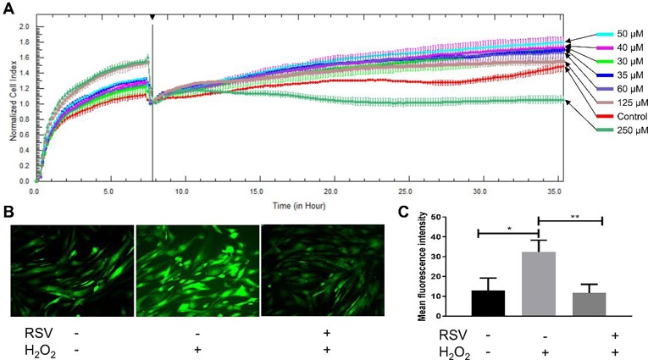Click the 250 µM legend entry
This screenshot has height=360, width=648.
tap(617, 130)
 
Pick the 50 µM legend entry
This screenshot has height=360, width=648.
tap(617, 35)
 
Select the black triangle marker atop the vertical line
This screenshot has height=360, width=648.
tap(152, 17)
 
